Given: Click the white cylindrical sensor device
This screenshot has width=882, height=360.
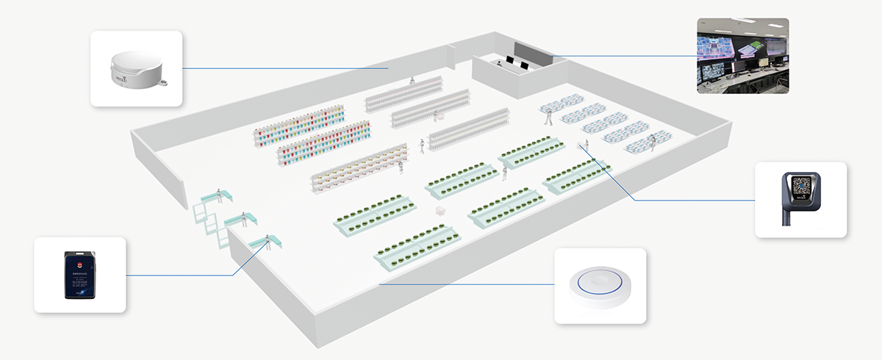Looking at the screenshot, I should point(137,70).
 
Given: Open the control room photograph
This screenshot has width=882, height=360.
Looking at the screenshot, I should point(742,56).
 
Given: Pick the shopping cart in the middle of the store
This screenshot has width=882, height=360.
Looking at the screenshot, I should point(440,212).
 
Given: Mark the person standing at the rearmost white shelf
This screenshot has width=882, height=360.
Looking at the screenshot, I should point(412,81).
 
